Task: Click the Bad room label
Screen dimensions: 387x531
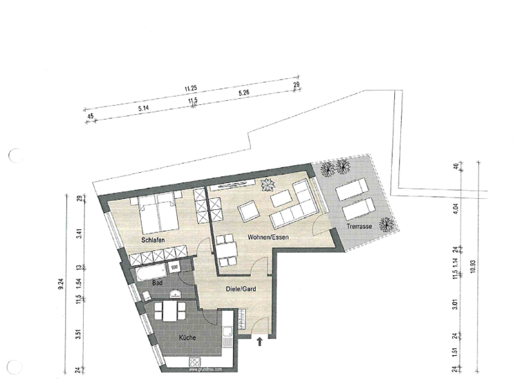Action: [x=157, y=283]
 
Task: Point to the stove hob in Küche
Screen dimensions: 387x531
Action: [x=194, y=362]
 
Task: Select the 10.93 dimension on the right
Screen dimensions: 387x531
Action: [x=472, y=266]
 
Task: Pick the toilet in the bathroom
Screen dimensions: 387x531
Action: [x=147, y=295]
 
